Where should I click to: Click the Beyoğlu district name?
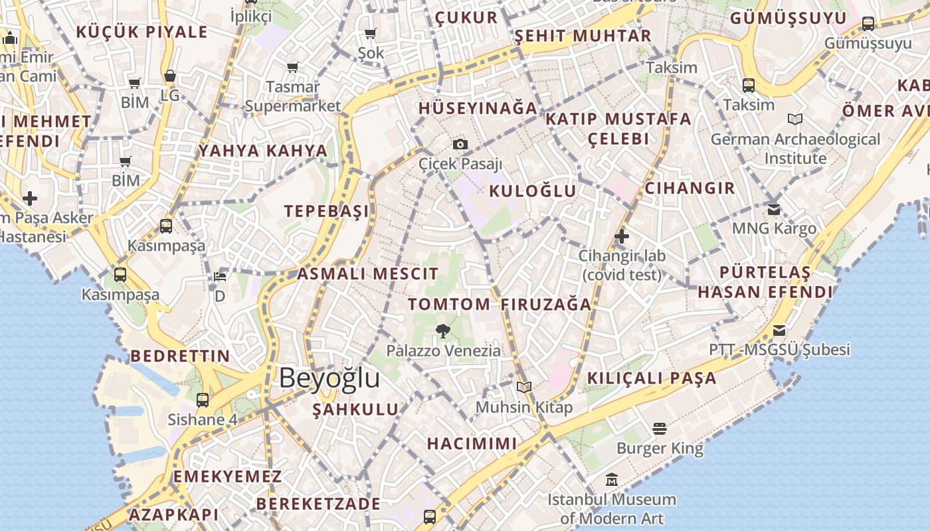(x=329, y=378)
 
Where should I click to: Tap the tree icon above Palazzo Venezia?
(x=442, y=331)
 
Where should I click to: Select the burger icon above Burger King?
(x=659, y=429)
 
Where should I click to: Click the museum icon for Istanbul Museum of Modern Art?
(x=612, y=479)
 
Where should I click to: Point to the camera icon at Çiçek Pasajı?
(x=460, y=144)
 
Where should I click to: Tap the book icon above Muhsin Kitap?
(x=524, y=387)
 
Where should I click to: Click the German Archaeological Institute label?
(x=795, y=149)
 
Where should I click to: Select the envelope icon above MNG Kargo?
(x=774, y=210)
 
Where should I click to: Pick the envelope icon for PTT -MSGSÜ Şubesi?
(x=779, y=330)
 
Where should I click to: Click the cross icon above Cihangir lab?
(x=622, y=236)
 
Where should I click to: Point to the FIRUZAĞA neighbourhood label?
(x=546, y=305)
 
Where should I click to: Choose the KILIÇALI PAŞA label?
(x=652, y=378)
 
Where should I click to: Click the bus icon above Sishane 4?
(x=203, y=400)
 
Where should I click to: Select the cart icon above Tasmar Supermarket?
(x=292, y=67)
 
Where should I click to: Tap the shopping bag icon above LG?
(x=170, y=76)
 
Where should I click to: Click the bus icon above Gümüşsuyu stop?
(x=868, y=24)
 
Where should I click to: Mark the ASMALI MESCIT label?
(x=367, y=273)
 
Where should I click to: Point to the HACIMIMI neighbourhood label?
(x=472, y=443)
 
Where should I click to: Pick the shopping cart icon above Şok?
(x=371, y=33)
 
